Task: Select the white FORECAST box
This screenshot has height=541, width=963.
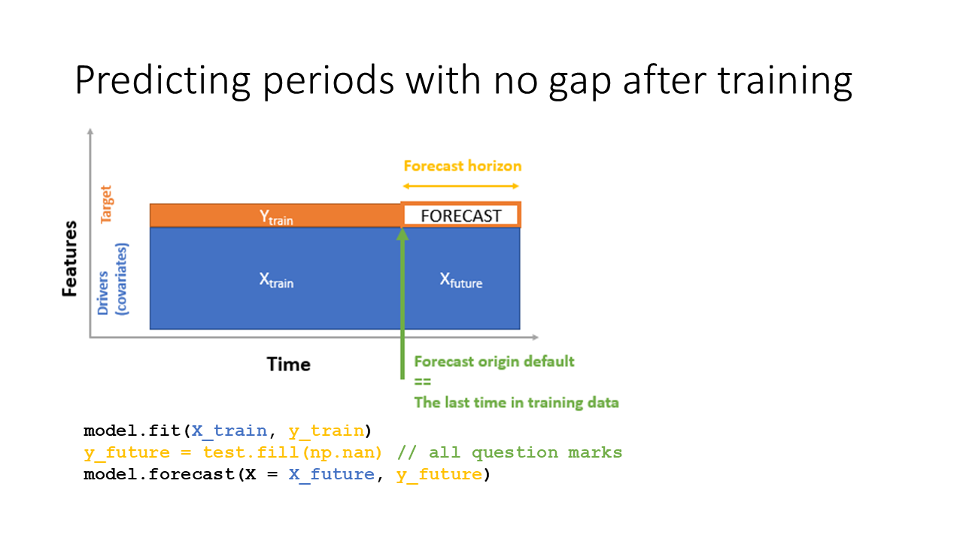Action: (461, 216)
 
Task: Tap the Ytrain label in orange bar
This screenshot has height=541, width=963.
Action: (276, 217)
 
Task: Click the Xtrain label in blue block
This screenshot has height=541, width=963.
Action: (276, 280)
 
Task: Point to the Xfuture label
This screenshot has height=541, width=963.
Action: (460, 280)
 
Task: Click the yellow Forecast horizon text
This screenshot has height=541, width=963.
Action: (462, 166)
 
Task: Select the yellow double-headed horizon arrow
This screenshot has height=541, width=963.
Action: (461, 186)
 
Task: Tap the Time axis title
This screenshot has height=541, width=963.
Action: (288, 364)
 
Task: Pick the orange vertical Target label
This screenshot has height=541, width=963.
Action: (106, 204)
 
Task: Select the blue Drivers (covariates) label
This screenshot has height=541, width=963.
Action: (114, 278)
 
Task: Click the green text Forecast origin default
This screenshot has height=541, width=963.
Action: (494, 361)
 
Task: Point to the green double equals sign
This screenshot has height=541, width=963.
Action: (422, 382)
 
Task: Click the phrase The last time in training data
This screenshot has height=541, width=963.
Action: (516, 403)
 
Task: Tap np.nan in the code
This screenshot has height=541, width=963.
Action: (356, 452)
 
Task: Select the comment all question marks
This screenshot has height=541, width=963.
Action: (525, 452)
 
